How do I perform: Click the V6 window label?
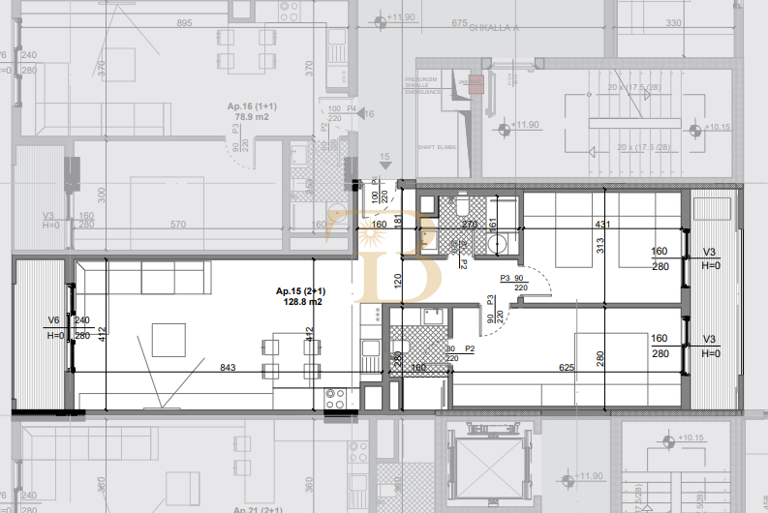tap(53, 320)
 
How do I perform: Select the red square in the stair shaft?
tap(475, 83)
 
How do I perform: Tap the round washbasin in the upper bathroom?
tap(497, 243)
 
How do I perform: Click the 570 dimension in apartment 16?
tap(177, 225)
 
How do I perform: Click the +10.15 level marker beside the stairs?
tap(716, 127)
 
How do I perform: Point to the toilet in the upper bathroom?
tap(462, 205)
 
